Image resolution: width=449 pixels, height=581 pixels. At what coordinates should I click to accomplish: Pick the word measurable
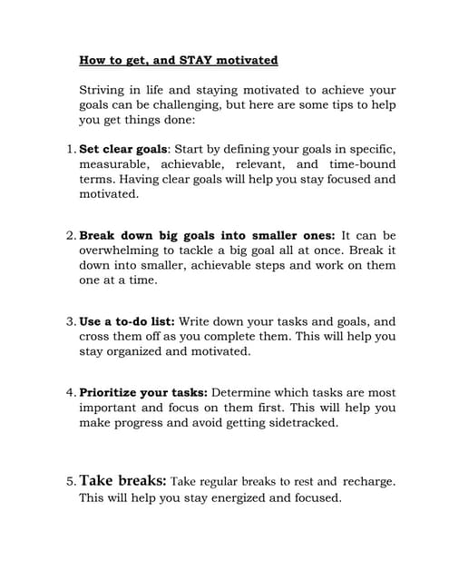tap(113, 164)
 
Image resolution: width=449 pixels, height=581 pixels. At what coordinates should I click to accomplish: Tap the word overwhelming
tap(123, 251)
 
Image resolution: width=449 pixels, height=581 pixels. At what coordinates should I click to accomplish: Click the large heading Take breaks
tap(123, 480)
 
